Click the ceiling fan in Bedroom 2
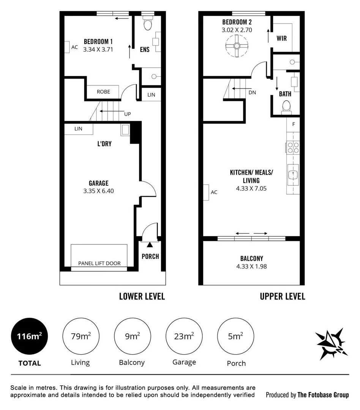[237, 46]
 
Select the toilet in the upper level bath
[286, 108]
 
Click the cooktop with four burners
[293, 147]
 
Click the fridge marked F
[293, 125]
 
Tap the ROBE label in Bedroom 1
[103, 92]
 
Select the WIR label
[281, 38]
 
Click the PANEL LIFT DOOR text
[99, 263]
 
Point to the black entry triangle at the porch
[150, 245]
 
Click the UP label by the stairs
[128, 114]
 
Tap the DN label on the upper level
[252, 93]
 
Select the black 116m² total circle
[29, 336]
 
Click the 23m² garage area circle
[184, 336]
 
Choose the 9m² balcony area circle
[133, 336]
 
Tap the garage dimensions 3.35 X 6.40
[98, 191]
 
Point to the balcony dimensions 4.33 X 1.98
[251, 266]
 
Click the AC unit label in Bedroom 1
[74, 47]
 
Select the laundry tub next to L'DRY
[125, 130]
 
